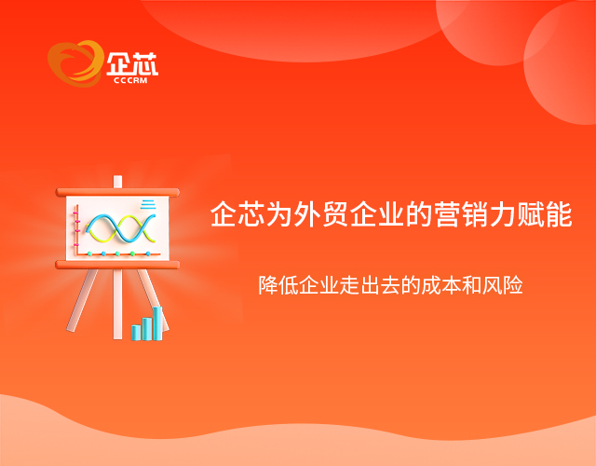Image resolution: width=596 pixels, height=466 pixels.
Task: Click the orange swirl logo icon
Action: click(75, 63)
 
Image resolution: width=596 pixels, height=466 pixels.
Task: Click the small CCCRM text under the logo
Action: click(130, 80)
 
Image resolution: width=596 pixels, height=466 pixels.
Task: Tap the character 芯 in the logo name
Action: click(145, 63)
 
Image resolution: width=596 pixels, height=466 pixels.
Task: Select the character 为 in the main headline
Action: click(279, 214)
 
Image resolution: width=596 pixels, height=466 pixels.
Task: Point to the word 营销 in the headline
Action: click(462, 214)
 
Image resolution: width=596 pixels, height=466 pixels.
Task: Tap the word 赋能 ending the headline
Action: click(545, 214)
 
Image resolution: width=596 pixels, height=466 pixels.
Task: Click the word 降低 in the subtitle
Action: click(278, 285)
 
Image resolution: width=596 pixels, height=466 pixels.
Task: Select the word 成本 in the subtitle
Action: click(440, 285)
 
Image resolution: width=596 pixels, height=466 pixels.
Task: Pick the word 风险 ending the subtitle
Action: click(503, 285)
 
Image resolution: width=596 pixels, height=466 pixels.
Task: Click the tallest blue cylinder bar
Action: click(157, 323)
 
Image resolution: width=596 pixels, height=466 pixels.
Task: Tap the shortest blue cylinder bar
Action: click(136, 333)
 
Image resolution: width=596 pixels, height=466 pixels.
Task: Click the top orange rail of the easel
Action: click(117, 192)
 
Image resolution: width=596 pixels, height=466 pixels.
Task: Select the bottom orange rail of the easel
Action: click(117, 265)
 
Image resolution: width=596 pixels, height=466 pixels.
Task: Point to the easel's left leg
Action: click(82, 300)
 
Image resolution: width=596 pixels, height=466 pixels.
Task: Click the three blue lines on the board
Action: click(148, 204)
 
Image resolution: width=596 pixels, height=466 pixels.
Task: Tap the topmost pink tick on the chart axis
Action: click(76, 221)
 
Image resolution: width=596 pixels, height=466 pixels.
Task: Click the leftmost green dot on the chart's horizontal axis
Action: click(89, 254)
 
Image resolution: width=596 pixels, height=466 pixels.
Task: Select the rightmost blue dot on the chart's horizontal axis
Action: click(148, 254)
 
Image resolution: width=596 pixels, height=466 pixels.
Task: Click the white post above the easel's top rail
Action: click(118, 182)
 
